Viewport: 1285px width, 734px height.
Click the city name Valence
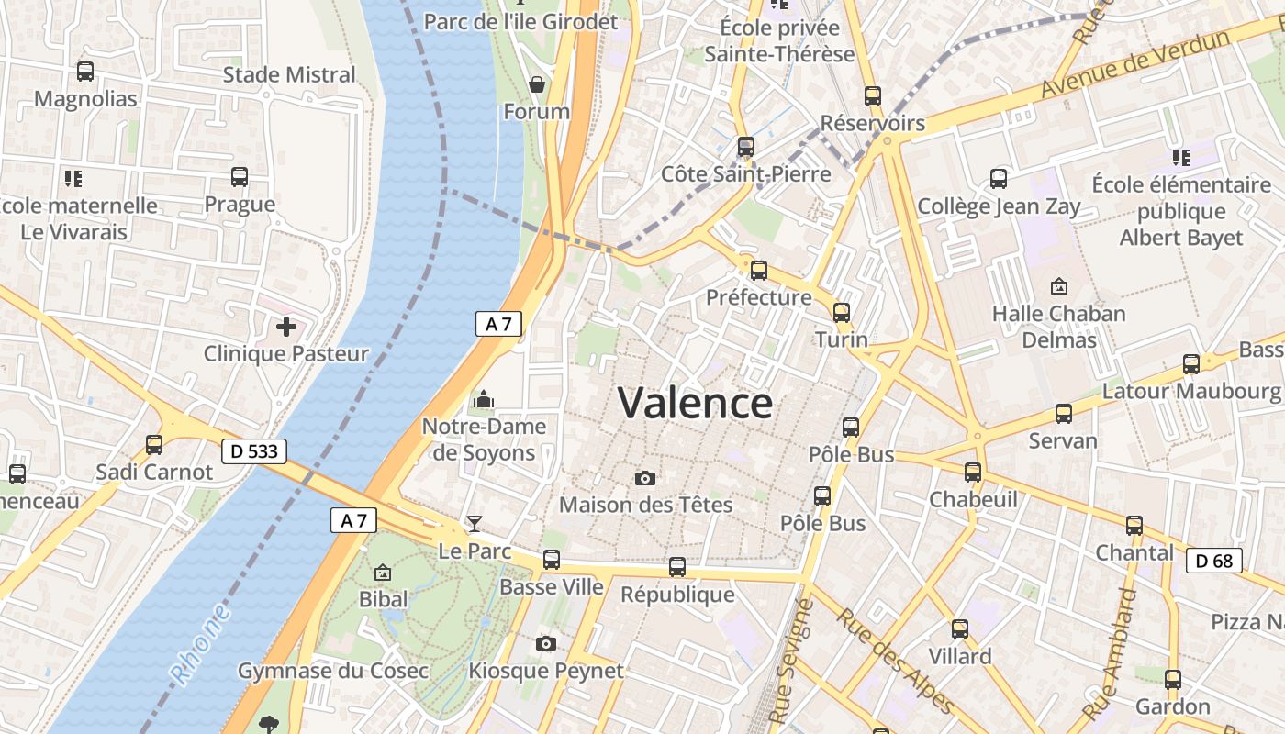(x=695, y=403)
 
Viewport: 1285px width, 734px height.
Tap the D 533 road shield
(x=254, y=451)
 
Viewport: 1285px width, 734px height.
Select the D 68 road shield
(x=1213, y=561)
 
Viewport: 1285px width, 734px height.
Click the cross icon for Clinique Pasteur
(x=286, y=326)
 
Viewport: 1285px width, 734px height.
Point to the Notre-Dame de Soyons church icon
(x=483, y=399)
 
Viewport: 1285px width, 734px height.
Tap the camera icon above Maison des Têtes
(x=645, y=478)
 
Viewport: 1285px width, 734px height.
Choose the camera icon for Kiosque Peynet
(x=546, y=643)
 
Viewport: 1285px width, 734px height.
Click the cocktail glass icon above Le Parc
(x=474, y=524)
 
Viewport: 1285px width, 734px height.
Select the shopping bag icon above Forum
(x=537, y=84)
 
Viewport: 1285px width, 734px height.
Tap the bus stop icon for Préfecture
(x=758, y=270)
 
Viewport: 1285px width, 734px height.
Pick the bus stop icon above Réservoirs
(x=872, y=95)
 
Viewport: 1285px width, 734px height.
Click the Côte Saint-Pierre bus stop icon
(x=745, y=146)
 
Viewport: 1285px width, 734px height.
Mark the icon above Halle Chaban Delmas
(x=1058, y=286)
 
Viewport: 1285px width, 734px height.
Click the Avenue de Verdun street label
(x=1135, y=64)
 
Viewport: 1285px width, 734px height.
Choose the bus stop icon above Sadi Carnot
(x=154, y=445)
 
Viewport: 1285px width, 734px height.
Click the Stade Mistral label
(x=289, y=75)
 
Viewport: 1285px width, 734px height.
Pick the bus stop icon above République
(x=677, y=567)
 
